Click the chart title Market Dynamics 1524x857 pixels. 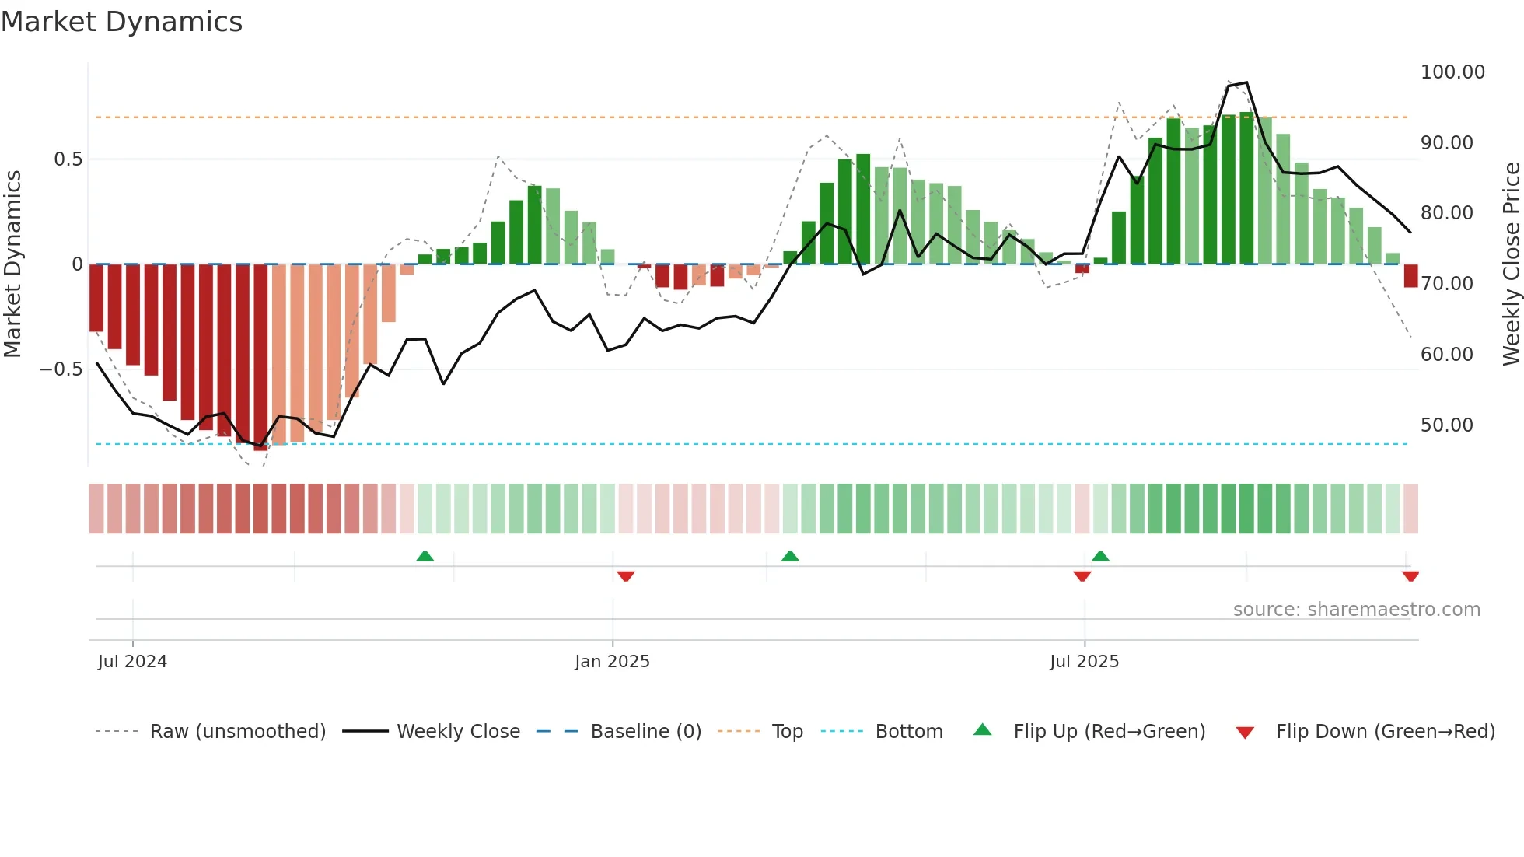(x=121, y=22)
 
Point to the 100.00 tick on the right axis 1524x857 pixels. (x=1452, y=72)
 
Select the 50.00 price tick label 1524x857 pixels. (x=1446, y=425)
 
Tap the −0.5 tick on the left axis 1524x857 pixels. (x=61, y=369)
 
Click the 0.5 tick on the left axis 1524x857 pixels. (x=68, y=159)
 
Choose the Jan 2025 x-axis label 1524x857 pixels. (x=612, y=662)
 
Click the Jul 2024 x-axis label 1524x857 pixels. (x=132, y=662)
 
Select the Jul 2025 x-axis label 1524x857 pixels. (x=1084, y=662)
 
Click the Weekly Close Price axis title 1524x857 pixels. (x=1511, y=264)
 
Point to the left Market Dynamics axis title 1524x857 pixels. (x=12, y=264)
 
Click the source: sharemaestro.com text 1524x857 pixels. (x=1356, y=610)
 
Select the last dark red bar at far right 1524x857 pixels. (x=1410, y=276)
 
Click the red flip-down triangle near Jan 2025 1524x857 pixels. (x=626, y=575)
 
